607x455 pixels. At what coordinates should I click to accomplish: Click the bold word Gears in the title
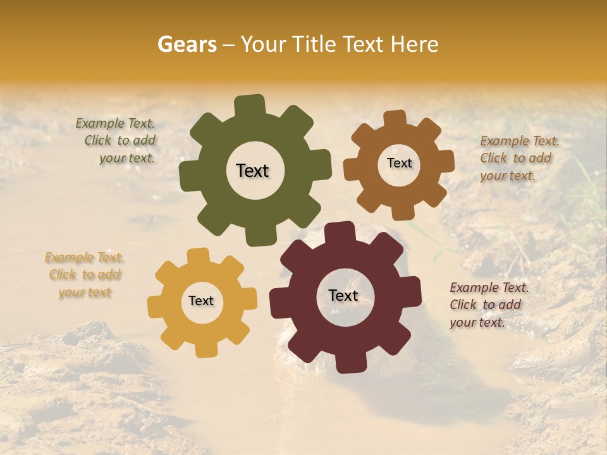tap(187, 44)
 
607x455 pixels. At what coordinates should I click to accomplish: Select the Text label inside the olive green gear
tap(252, 171)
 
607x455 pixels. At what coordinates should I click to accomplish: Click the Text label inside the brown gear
tap(399, 163)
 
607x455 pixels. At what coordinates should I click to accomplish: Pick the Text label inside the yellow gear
tap(201, 301)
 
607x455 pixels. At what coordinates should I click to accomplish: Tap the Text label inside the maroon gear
tap(343, 295)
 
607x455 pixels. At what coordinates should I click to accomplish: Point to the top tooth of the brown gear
tap(395, 119)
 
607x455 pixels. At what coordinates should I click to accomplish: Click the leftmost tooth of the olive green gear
tap(189, 176)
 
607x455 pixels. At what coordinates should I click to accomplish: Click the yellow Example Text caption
tap(85, 275)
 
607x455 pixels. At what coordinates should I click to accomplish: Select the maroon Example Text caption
tap(488, 305)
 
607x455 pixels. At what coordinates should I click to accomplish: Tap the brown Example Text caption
tap(518, 158)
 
